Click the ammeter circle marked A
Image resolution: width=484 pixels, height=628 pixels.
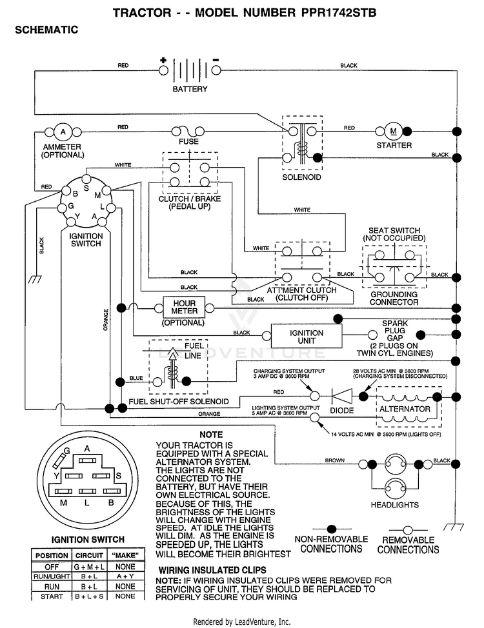(x=63, y=132)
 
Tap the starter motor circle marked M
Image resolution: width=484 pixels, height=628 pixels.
(x=394, y=131)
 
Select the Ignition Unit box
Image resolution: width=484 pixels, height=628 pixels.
(x=307, y=337)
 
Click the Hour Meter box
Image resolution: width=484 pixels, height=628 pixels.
(x=184, y=307)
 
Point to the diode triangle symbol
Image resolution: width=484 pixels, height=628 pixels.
(x=342, y=397)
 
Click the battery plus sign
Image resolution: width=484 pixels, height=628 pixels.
(x=163, y=61)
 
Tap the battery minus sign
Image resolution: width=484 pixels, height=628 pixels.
(x=216, y=60)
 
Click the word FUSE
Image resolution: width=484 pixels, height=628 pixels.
(x=188, y=141)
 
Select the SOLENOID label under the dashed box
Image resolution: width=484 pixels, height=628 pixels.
(x=301, y=177)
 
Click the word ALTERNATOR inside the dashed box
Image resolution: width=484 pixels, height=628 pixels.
(x=405, y=409)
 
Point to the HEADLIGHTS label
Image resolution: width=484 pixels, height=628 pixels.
(x=394, y=505)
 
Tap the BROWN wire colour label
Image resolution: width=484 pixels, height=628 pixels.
(x=335, y=460)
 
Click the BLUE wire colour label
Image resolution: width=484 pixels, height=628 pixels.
(x=136, y=378)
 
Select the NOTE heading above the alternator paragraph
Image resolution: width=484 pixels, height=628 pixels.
(x=211, y=435)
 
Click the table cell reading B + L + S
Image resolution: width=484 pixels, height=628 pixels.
(x=89, y=596)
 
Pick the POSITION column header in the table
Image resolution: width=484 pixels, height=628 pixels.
(x=52, y=556)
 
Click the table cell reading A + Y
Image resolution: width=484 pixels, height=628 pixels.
(x=125, y=576)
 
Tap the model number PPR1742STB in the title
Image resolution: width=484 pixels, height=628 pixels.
(x=339, y=13)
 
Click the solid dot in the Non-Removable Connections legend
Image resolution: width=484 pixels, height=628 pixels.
(x=332, y=529)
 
